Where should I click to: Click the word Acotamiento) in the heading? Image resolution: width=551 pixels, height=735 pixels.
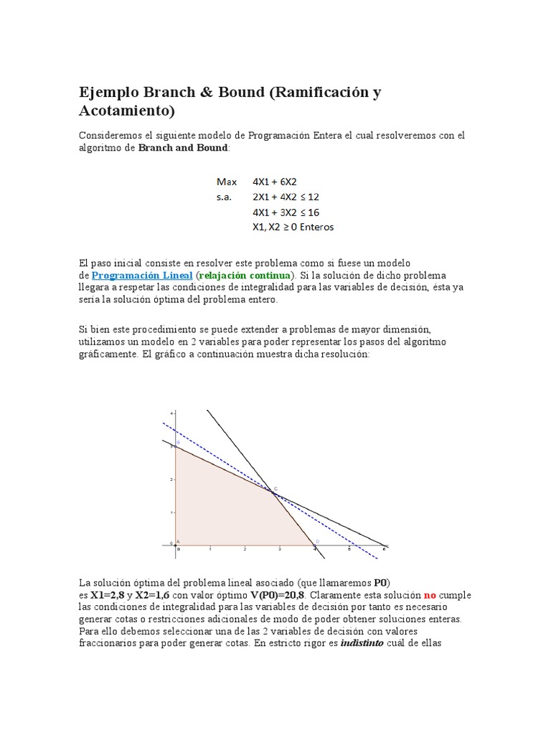point(126,111)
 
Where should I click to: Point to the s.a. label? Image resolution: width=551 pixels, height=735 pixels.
point(225,197)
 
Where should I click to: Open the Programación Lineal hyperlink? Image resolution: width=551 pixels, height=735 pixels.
point(142,276)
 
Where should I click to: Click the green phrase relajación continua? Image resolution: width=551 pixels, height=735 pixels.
point(245,276)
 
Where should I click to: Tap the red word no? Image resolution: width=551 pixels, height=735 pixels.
point(429,595)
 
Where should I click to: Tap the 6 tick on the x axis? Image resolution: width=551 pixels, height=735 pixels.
point(384,550)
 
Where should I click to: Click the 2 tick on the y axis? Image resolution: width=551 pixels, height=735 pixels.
point(171,479)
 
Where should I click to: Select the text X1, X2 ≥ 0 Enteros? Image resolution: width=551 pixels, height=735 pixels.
point(293,227)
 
